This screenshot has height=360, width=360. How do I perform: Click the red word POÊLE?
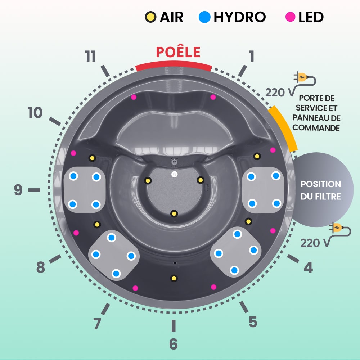tap(178, 52)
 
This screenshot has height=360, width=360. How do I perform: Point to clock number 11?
tap(90, 57)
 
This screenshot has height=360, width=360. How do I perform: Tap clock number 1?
tap(251, 56)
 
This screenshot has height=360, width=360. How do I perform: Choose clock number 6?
tap(173, 344)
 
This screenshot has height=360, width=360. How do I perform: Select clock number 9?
tap(18, 190)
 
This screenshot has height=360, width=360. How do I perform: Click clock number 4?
tap(308, 267)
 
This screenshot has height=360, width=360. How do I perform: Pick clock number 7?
tap(97, 324)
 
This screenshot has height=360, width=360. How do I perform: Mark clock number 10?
tap(35, 113)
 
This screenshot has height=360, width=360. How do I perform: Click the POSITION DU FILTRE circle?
tap(320, 190)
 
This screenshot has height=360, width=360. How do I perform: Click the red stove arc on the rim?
tap(173, 65)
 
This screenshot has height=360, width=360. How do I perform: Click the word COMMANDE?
tap(316, 128)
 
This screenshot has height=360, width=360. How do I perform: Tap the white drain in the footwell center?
tap(175, 174)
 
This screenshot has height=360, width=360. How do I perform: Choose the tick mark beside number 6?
tap(173, 325)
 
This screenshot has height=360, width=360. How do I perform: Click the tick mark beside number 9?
tap(34, 190)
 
